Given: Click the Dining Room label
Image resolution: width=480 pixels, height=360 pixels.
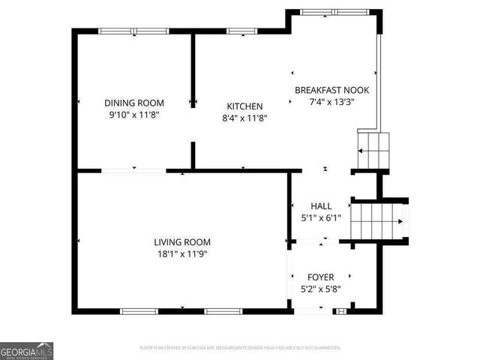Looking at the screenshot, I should (x=134, y=103).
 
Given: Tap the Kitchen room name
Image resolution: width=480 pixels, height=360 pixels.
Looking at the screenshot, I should (x=244, y=106).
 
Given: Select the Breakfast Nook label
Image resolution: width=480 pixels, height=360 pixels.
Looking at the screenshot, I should (x=331, y=90).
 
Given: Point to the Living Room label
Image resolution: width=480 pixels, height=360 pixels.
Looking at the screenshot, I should (x=182, y=242).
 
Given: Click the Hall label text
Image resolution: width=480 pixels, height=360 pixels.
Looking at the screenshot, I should (x=321, y=206).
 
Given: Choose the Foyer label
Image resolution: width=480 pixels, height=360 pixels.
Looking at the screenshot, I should (x=321, y=277).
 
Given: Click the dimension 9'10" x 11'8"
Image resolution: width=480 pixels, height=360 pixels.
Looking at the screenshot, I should (x=134, y=115).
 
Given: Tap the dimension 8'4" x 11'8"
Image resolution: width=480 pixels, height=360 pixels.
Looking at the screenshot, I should (x=244, y=118).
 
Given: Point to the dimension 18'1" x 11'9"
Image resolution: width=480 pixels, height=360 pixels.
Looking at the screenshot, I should (x=182, y=254).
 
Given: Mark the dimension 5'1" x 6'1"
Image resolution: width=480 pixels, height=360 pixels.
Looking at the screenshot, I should (x=321, y=218).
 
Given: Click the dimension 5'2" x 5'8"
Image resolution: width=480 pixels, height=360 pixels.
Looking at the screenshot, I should (x=321, y=289).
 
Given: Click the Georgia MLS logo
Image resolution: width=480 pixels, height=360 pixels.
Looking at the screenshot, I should (x=27, y=350).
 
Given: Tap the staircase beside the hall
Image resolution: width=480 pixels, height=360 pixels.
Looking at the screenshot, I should (x=379, y=221).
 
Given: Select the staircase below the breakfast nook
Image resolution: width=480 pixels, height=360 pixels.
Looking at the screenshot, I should (x=373, y=151).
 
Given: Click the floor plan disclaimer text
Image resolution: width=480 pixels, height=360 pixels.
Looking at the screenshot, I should (x=240, y=348).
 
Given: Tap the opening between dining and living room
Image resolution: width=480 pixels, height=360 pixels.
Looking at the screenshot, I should (x=133, y=171).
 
